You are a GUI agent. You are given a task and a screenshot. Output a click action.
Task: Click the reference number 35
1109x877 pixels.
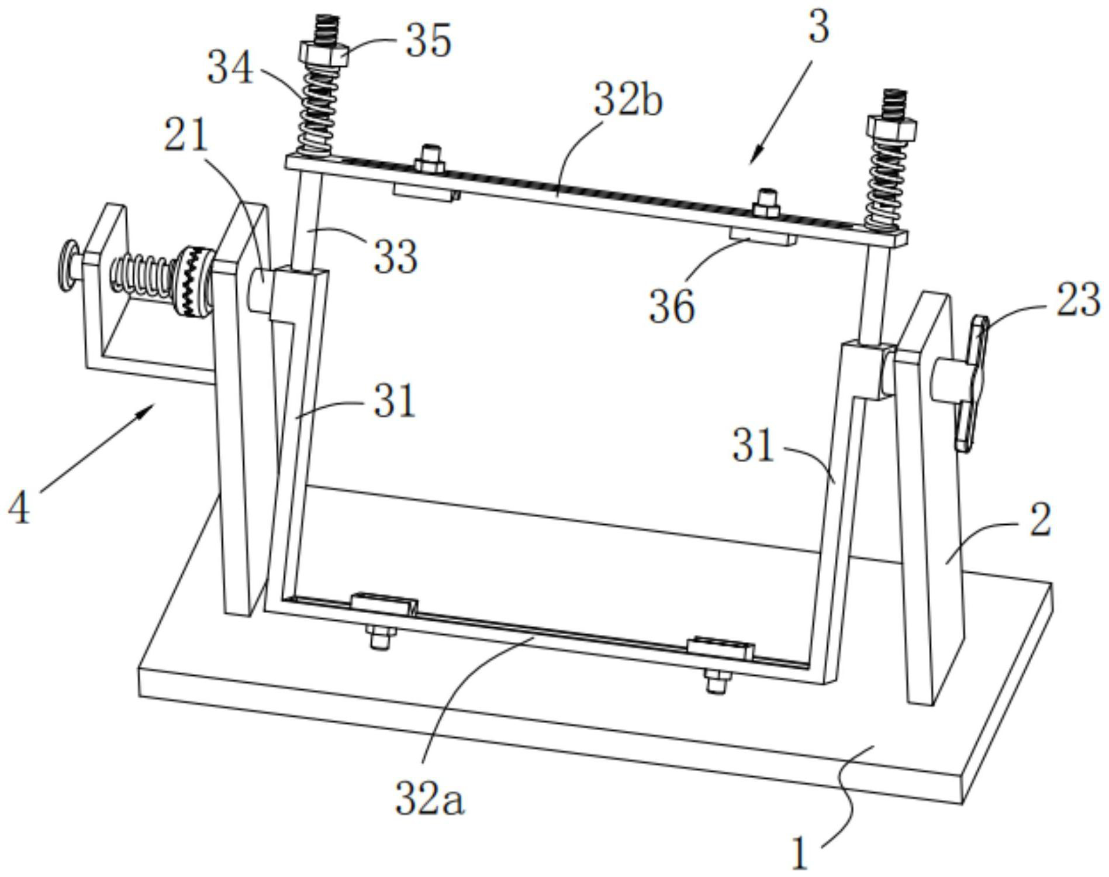(x=429, y=41)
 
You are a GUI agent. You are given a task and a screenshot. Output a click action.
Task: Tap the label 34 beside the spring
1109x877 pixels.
(x=230, y=68)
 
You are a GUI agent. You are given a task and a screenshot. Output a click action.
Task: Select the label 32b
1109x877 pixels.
(x=628, y=100)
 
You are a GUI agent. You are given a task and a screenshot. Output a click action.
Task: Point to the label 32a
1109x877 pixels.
(x=430, y=799)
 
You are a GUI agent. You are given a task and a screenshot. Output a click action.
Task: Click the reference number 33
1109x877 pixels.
(x=396, y=256)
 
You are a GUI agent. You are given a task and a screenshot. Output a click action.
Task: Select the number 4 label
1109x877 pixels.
(x=19, y=508)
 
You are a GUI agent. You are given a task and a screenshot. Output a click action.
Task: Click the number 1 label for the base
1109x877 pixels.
(x=799, y=854)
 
